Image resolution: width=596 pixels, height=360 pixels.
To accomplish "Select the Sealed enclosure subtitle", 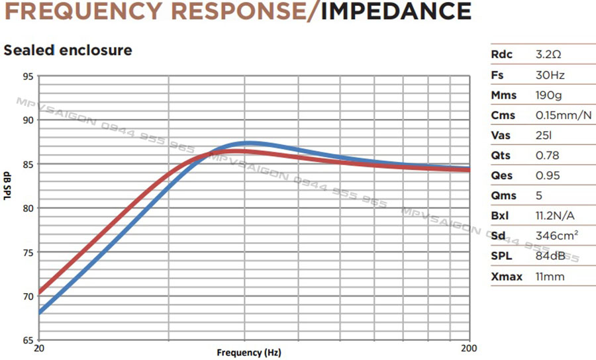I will coord(68,50).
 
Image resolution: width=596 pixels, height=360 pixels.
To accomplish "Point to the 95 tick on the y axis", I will coord(27,76).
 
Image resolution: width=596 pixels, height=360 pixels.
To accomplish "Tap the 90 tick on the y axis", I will coord(27,120).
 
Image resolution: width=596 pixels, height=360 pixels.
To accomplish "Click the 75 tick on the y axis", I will coord(27,252).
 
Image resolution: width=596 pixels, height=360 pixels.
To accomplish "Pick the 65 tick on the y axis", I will coord(27,340).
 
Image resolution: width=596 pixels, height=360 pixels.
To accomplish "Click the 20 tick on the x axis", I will coord(38,348).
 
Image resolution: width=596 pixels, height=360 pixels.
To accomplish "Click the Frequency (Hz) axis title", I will coord(248,353).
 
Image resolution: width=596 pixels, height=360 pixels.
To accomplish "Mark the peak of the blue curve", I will coord(246,143).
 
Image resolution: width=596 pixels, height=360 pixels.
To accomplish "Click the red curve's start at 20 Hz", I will coord(40,292).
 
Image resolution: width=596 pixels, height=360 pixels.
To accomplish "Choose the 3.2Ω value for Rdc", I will coord(548,54).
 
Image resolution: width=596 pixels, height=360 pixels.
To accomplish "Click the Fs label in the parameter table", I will coord(497,75).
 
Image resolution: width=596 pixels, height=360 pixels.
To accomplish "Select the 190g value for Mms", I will coord(548,95).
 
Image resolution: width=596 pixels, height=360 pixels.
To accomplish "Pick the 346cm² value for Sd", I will coord(555,236).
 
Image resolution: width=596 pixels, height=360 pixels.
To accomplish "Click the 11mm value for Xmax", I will coord(550,276).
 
